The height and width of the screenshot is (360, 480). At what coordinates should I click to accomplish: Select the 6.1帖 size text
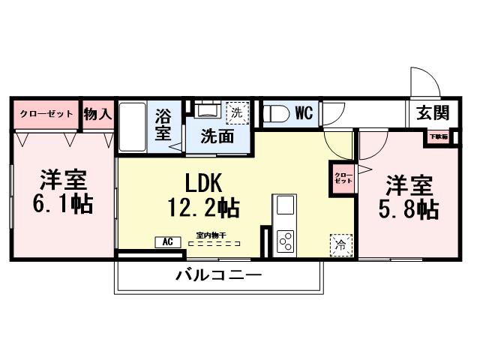tap(63, 203)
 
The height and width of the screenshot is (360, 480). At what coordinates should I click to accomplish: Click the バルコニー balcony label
tap(219, 275)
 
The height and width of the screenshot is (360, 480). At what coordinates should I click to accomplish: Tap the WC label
tap(303, 113)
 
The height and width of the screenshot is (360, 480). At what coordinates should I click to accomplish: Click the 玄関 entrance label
tap(433, 113)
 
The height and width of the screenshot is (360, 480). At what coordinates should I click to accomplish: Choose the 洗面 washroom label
tap(215, 137)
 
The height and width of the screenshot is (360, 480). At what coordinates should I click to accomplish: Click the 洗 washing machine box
tap(236, 112)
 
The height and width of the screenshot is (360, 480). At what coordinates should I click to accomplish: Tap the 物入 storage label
tap(97, 114)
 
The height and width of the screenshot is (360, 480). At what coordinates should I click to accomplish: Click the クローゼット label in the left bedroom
tap(46, 114)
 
